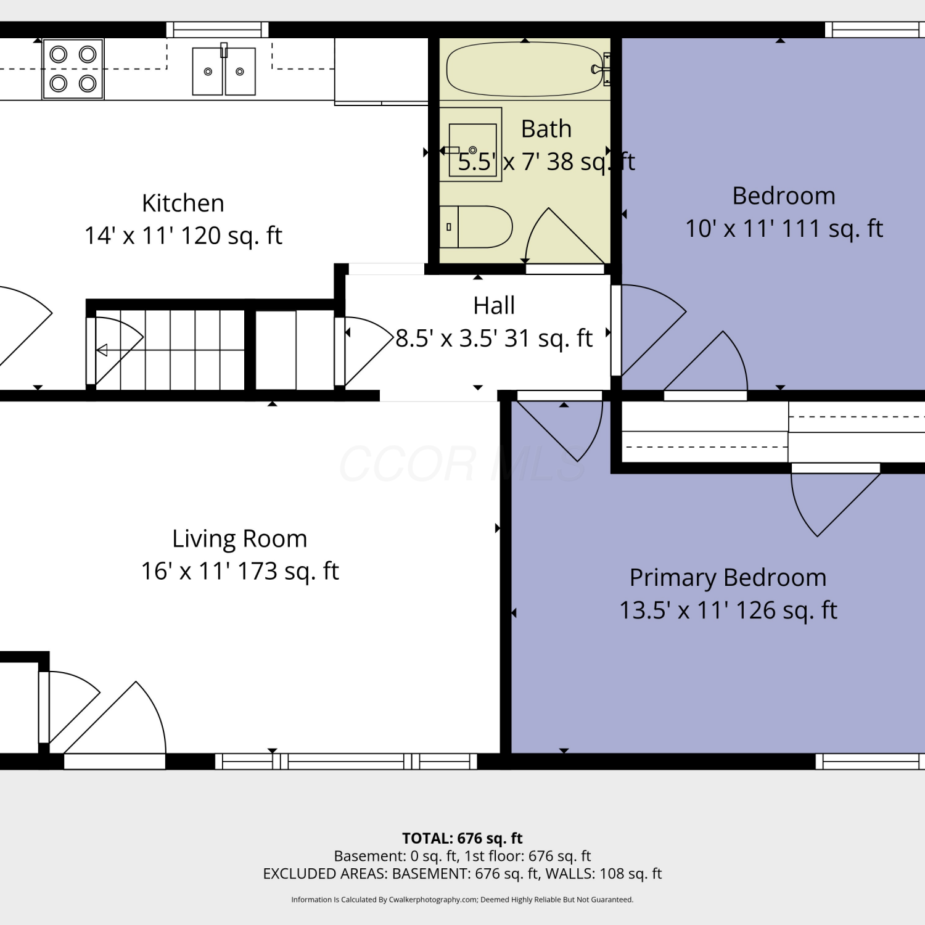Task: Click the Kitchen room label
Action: (183, 203)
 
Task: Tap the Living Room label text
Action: (240, 538)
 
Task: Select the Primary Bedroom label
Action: (728, 578)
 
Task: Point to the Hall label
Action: (494, 305)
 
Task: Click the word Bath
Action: (546, 129)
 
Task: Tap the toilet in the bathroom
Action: (476, 227)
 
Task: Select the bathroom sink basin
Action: (473, 150)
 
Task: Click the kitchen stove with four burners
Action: (73, 69)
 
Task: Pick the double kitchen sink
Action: (224, 71)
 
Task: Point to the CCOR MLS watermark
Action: (462, 464)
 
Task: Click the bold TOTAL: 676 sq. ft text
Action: (462, 838)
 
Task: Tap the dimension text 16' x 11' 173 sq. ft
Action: (240, 571)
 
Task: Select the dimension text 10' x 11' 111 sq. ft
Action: (784, 229)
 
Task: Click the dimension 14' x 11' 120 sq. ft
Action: (183, 236)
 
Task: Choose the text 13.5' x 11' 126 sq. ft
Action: (728, 610)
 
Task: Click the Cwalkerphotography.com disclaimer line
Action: (462, 900)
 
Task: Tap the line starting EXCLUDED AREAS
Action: (462, 874)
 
